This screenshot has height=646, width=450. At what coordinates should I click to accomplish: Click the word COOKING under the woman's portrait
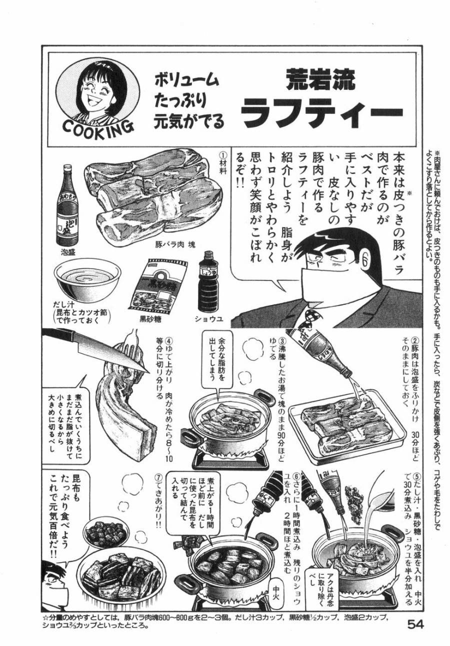(x=98, y=125)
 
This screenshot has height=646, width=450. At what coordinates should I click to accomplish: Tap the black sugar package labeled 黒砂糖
(x=162, y=287)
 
